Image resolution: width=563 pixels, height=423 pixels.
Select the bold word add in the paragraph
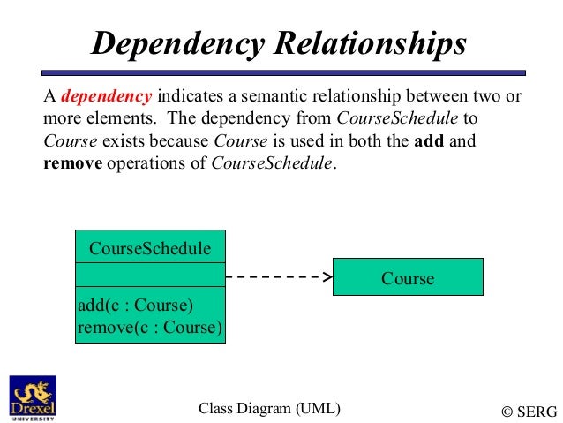[429, 140]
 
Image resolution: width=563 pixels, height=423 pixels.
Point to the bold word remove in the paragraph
[72, 163]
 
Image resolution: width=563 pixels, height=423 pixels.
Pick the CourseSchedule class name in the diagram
[150, 249]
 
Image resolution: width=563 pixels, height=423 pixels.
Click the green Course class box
[408, 277]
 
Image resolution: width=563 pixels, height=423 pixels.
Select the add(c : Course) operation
[135, 306]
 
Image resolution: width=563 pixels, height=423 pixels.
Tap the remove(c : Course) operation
[150, 328]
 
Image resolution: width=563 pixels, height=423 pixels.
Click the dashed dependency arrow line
[274, 276]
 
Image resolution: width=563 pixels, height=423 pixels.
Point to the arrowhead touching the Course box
[327, 276]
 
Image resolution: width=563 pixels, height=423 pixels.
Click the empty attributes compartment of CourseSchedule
[150, 276]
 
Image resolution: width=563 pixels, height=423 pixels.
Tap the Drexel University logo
[32, 397]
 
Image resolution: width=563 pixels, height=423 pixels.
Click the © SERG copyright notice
[529, 411]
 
